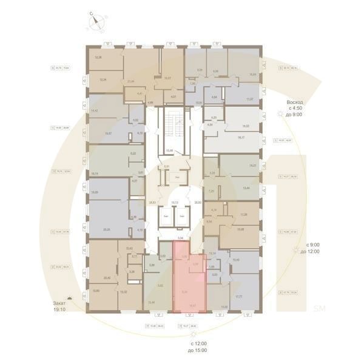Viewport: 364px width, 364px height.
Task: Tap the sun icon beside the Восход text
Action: point(280,114)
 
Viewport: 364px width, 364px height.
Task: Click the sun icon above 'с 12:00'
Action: point(194,334)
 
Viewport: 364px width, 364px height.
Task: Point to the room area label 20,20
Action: point(107,229)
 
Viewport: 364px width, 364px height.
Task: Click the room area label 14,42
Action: point(94,110)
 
